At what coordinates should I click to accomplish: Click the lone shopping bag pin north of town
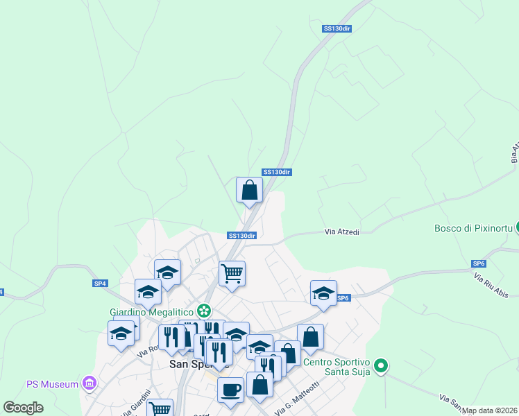coord(249,190)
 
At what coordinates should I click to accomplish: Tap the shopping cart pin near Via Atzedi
coord(232,272)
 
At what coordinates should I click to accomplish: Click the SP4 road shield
coord(101,284)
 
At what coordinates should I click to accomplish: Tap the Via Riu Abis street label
coord(491,286)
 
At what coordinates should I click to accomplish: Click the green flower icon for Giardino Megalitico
coord(204,310)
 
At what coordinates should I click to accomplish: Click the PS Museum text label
coord(51,383)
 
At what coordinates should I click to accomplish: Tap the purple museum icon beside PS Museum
coord(88,383)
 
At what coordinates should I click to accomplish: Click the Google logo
coord(23,408)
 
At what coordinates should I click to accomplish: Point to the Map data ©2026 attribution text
coord(490,410)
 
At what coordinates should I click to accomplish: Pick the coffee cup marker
coord(230,389)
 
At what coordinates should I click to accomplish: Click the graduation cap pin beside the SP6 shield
coord(323,293)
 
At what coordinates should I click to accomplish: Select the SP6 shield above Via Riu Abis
coord(479,264)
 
